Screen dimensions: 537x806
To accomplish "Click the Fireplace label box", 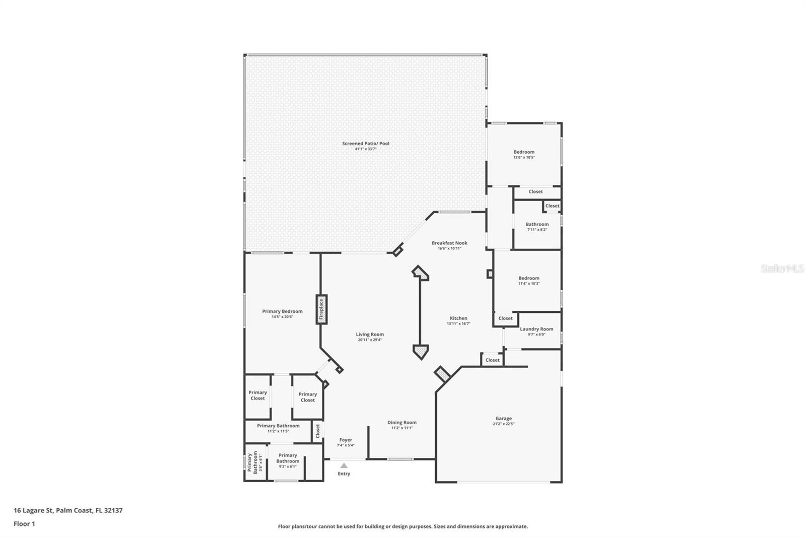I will [321, 309].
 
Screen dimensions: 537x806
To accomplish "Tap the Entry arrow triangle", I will [344, 465].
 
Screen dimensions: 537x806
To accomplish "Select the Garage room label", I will [503, 419].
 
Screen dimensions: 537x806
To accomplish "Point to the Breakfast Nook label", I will [449, 243].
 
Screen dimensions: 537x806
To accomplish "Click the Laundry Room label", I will [536, 329].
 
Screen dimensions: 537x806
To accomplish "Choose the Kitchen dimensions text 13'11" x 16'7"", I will [458, 324].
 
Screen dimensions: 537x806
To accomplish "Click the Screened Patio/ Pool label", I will [366, 144].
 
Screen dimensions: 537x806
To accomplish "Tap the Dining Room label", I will [402, 423].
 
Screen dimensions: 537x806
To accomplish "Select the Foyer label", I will [346, 440].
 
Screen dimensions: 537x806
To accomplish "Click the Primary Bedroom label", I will [282, 311].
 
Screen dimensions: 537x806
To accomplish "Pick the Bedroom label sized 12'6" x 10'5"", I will [524, 152].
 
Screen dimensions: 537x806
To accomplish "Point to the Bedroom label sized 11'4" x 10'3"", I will [529, 278].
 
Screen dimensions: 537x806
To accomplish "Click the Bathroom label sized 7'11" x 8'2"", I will [537, 224].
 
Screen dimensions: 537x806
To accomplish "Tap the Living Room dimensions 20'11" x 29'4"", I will [370, 340].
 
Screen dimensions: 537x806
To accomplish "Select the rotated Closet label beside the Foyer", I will [317, 431].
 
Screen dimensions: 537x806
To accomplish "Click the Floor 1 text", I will [24, 524].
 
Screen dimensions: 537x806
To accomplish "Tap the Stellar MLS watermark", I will [782, 268].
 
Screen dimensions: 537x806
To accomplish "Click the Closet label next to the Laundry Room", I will [505, 318].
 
